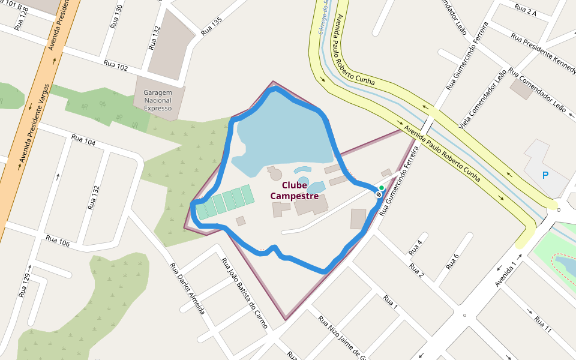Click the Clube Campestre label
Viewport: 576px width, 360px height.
click(x=294, y=190)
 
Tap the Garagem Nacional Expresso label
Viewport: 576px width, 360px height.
click(x=158, y=101)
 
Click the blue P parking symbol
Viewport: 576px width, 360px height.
click(x=545, y=175)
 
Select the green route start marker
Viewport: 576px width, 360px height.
click(x=382, y=188)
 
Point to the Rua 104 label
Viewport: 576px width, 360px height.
click(x=83, y=140)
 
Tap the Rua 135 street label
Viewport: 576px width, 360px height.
click(x=211, y=26)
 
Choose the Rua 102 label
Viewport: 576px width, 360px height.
click(x=116, y=65)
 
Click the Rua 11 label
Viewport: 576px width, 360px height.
click(x=543, y=324)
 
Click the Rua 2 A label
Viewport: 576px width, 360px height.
click(x=525, y=9)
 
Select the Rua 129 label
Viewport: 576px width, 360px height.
click(x=25, y=286)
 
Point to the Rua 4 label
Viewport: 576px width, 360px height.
click(x=415, y=247)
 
